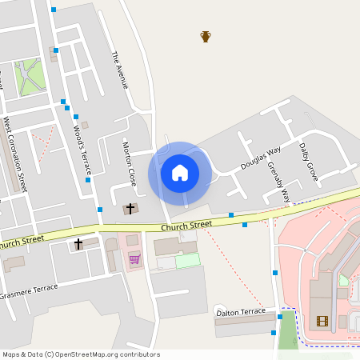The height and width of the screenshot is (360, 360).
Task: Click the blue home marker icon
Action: (180, 172)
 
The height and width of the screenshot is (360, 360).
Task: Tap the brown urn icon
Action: (206, 36)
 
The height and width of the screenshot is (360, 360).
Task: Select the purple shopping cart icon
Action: (134, 258)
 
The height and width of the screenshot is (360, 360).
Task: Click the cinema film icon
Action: (322, 322)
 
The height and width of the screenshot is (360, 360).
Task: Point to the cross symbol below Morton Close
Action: (130, 208)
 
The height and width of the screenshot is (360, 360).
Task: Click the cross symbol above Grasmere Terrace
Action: (78, 243)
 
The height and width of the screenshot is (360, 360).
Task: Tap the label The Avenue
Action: (119, 69)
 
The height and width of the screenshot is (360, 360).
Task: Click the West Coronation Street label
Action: (15, 154)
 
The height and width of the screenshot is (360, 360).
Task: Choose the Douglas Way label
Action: (261, 158)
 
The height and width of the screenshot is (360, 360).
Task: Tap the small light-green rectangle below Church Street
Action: (187, 260)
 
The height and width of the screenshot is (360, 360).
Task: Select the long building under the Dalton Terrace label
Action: (243, 324)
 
